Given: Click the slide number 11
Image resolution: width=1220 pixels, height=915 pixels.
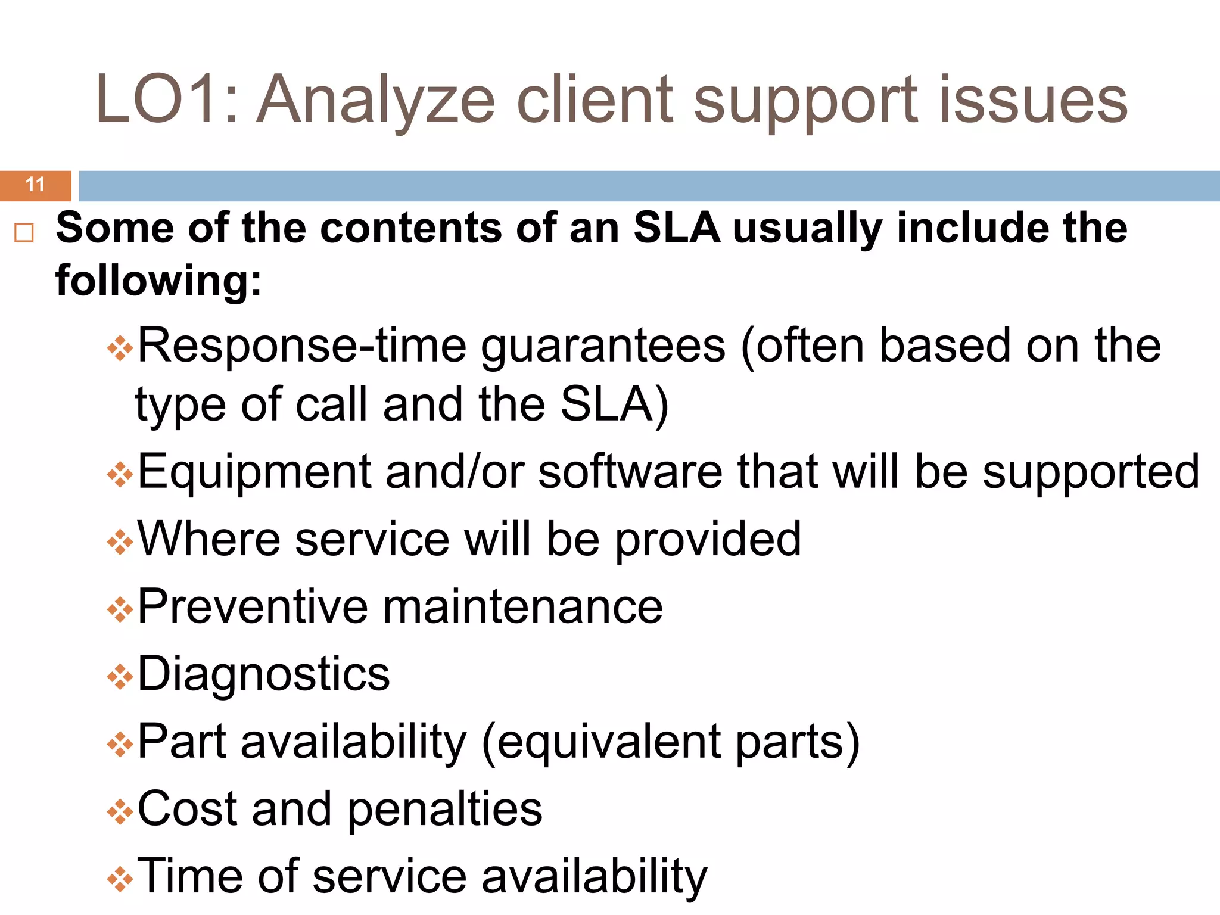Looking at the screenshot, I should coord(35,185).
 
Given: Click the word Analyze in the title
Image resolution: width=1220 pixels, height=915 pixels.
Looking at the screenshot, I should coord(376,100).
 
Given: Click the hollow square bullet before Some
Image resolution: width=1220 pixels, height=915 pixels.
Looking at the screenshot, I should coord(24,232).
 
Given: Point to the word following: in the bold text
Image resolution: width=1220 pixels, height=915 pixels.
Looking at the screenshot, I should coord(158,281).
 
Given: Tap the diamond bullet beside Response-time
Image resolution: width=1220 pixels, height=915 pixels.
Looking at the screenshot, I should coord(120,348).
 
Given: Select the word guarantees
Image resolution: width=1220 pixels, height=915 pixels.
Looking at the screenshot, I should coord(603,347).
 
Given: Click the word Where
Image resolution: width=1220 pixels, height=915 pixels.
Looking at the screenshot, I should coord(208,539).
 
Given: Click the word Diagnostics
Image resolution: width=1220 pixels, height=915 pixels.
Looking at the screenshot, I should coord(263,674).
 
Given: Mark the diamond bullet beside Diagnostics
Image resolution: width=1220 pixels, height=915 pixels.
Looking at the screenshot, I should coord(120,677).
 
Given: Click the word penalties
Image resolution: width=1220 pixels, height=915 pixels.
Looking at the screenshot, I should coord(444,809).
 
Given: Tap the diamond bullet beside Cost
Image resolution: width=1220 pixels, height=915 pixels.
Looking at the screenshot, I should coord(120,812).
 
